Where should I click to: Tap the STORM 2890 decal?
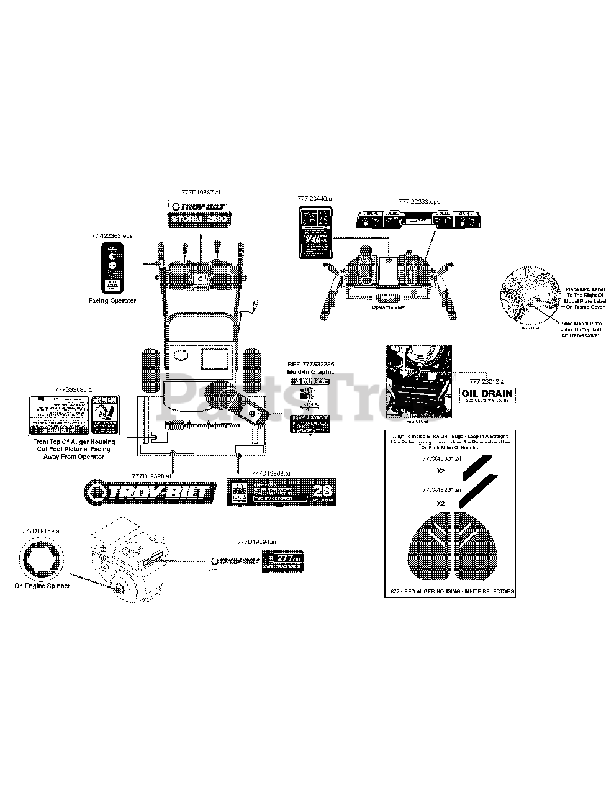click(199, 219)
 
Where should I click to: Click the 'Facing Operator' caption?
click(112, 301)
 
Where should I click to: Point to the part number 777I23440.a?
click(315, 198)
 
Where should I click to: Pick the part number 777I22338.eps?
click(420, 202)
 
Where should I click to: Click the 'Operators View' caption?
click(388, 307)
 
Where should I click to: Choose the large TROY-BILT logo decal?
click(151, 491)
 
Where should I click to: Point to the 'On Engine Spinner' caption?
click(42, 586)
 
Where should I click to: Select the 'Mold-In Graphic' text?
click(310, 371)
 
